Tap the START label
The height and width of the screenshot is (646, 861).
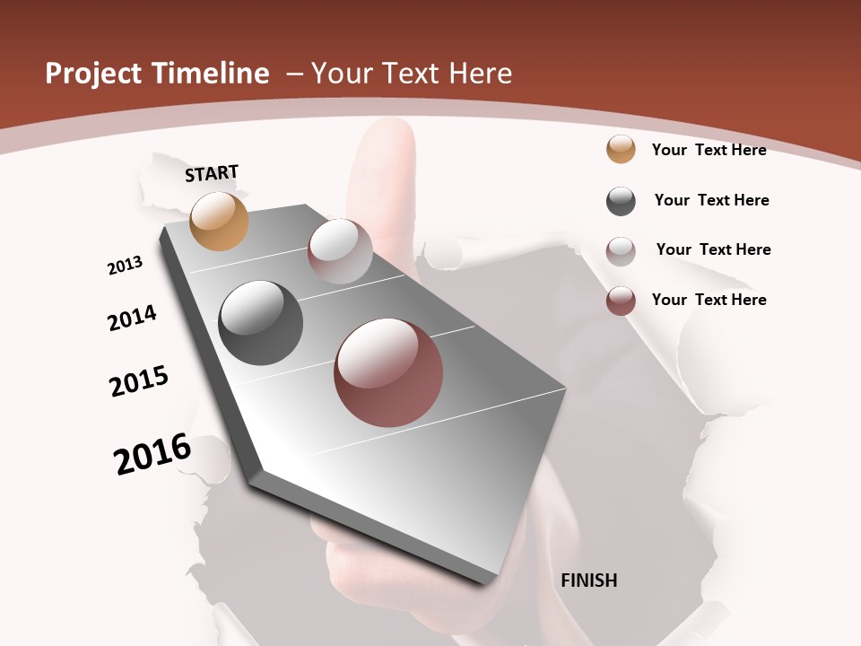coord(212,173)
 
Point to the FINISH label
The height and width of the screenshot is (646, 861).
coord(589,581)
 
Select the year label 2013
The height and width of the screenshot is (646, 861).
coord(126,266)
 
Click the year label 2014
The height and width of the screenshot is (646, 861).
coord(133,318)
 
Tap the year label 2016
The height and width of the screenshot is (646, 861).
coord(152,453)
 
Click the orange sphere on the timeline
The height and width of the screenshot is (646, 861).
coord(220,221)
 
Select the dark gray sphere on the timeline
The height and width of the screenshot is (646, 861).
coord(260,323)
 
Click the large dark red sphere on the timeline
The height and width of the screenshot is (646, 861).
coord(388,372)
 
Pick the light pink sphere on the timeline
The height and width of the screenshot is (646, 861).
coord(340,251)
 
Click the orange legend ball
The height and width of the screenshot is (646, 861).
coord(621,149)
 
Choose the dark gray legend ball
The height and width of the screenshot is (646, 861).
coord(621,201)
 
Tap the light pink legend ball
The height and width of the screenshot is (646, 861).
coord(621,251)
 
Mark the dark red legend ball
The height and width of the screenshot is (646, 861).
coord(621,301)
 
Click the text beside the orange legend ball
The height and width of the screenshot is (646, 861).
coord(709,150)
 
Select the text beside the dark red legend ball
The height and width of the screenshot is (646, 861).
coord(709,300)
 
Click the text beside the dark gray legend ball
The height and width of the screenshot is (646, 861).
coord(711,200)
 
